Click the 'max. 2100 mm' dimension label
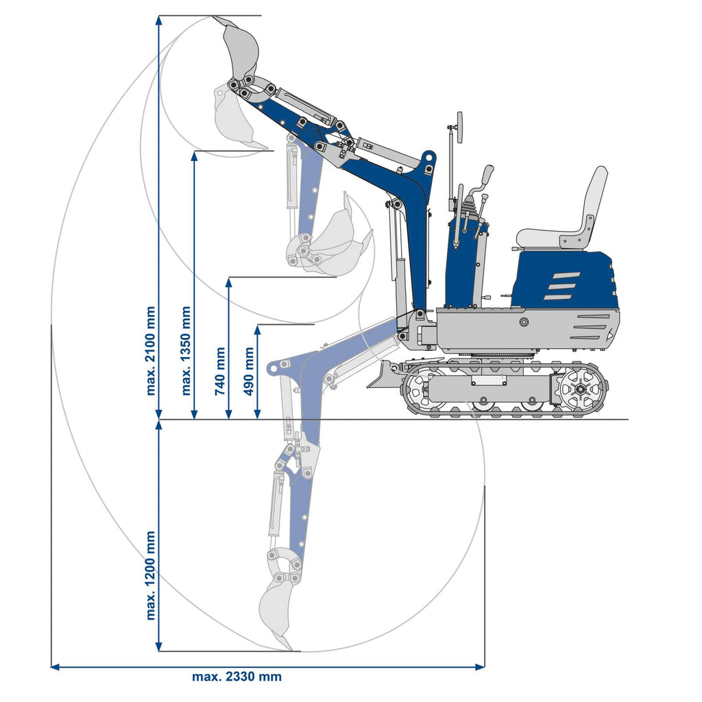151,350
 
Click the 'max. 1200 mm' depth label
151,574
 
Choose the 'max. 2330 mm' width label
237,677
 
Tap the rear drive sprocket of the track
580,389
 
